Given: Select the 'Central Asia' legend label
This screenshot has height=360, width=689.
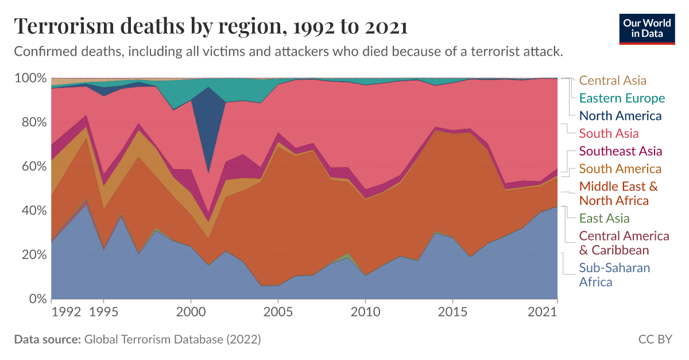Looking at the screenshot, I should click(x=613, y=80).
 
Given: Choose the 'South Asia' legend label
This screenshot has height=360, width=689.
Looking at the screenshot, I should click(x=609, y=134).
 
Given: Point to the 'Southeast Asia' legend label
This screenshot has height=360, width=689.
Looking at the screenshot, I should click(x=621, y=151).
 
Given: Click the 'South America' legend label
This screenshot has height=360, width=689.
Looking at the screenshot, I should click(x=620, y=169).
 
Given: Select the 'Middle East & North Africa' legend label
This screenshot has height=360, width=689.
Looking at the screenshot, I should click(x=618, y=193).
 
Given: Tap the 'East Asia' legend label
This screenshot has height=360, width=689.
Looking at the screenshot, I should click(x=604, y=218).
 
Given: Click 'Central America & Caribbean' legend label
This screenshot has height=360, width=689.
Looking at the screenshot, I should click(x=624, y=243).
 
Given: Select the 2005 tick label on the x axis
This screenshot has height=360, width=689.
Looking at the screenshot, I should click(x=278, y=312).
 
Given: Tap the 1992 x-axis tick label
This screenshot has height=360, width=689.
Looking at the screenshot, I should click(x=66, y=312).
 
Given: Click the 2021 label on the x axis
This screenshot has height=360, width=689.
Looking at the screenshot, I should click(x=543, y=312).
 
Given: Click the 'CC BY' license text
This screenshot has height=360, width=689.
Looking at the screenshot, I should click(x=655, y=339).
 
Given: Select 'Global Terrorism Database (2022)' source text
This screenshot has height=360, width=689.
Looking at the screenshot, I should click(x=172, y=339).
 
